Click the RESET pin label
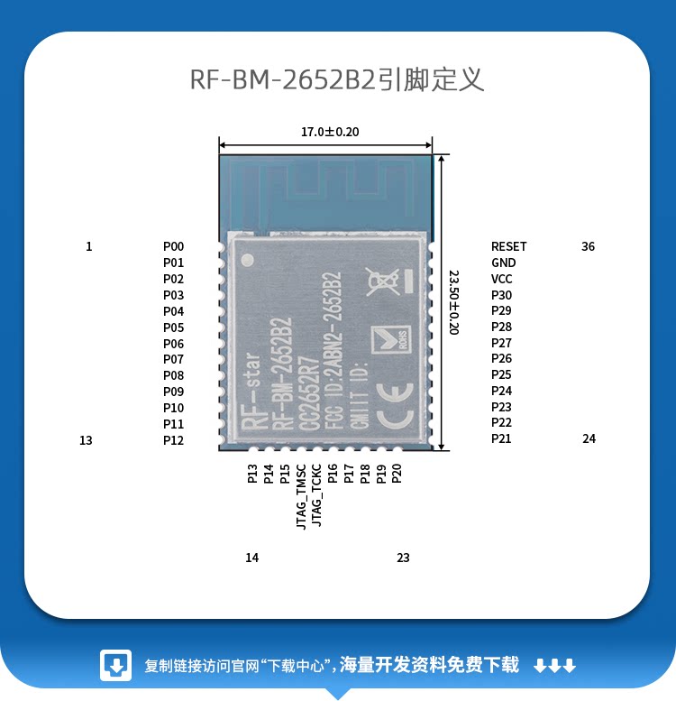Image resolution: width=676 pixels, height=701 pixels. click(508, 246)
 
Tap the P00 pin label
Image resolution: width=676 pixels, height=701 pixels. click(173, 246)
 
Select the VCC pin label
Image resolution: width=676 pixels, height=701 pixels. click(501, 279)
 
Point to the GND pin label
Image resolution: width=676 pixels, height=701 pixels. click(503, 263)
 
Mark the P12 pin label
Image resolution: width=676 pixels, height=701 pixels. click(173, 440)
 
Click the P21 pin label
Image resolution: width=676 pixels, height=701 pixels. click(501, 438)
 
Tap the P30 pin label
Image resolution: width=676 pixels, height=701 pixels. click(501, 295)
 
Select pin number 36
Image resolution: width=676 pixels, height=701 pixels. click(588, 246)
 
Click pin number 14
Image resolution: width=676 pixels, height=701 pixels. click(251, 558)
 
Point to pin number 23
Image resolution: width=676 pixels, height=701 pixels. click(403, 558)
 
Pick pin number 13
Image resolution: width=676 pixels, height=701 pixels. click(86, 440)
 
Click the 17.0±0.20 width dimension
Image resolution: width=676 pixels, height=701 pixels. click(330, 132)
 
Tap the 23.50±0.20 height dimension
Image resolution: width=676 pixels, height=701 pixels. click(453, 302)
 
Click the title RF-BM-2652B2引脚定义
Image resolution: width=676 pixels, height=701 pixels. click(337, 79)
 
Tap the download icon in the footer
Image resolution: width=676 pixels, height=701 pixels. click(116, 666)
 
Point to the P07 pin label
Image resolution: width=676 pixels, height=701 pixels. click(173, 359)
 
